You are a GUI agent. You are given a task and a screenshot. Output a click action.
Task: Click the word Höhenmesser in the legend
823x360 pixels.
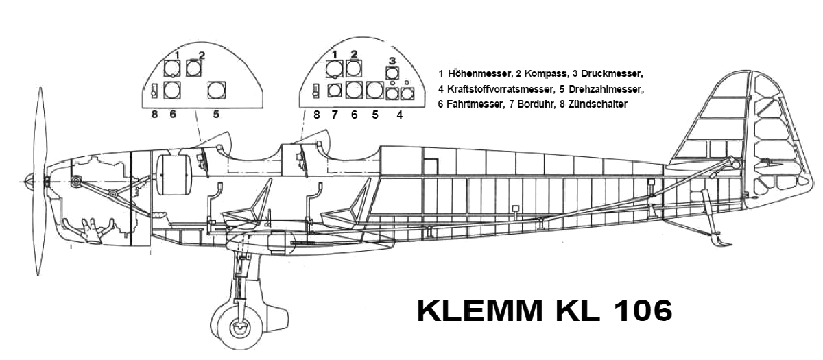479,73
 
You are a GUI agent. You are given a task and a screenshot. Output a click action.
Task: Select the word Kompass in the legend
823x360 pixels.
546,74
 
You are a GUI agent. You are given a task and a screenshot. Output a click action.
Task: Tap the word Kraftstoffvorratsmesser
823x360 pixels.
499,89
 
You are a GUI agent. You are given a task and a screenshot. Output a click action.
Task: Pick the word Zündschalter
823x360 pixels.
598,104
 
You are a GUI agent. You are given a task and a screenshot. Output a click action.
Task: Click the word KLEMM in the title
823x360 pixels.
480,311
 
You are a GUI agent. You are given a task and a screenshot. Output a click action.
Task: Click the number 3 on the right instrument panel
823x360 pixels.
392,60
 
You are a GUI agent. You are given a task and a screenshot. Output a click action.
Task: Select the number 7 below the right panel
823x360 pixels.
335,115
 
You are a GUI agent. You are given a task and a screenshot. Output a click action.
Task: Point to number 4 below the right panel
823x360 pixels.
400,115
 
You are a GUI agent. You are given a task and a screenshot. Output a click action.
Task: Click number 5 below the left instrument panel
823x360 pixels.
216,115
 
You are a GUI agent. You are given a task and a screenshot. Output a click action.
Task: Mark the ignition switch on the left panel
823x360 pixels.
154,91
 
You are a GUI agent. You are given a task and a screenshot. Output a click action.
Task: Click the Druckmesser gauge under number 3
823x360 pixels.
392,73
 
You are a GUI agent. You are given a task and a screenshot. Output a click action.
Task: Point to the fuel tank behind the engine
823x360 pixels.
174,175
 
